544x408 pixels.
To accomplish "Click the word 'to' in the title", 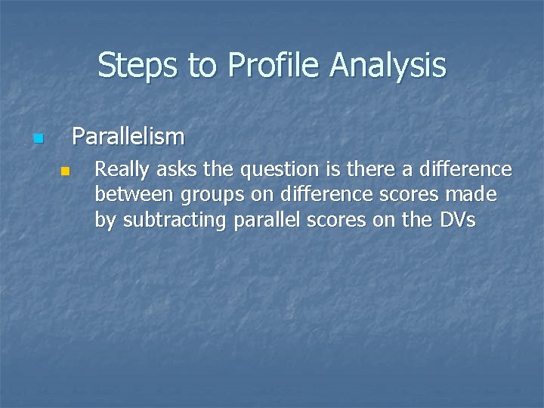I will coord(202,66).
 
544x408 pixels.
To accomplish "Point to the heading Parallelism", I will coord(128,137).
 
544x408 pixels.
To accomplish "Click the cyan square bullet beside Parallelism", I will coord(38,139).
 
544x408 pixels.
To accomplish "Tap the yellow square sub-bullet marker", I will coord(65,172).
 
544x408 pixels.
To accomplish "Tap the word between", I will coord(134,195).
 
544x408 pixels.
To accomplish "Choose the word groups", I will coord(209,195).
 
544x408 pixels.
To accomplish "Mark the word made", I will coord(474,195).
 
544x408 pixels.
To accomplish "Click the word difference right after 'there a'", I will coord(466,169).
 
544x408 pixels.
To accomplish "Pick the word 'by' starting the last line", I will coord(106,221).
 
